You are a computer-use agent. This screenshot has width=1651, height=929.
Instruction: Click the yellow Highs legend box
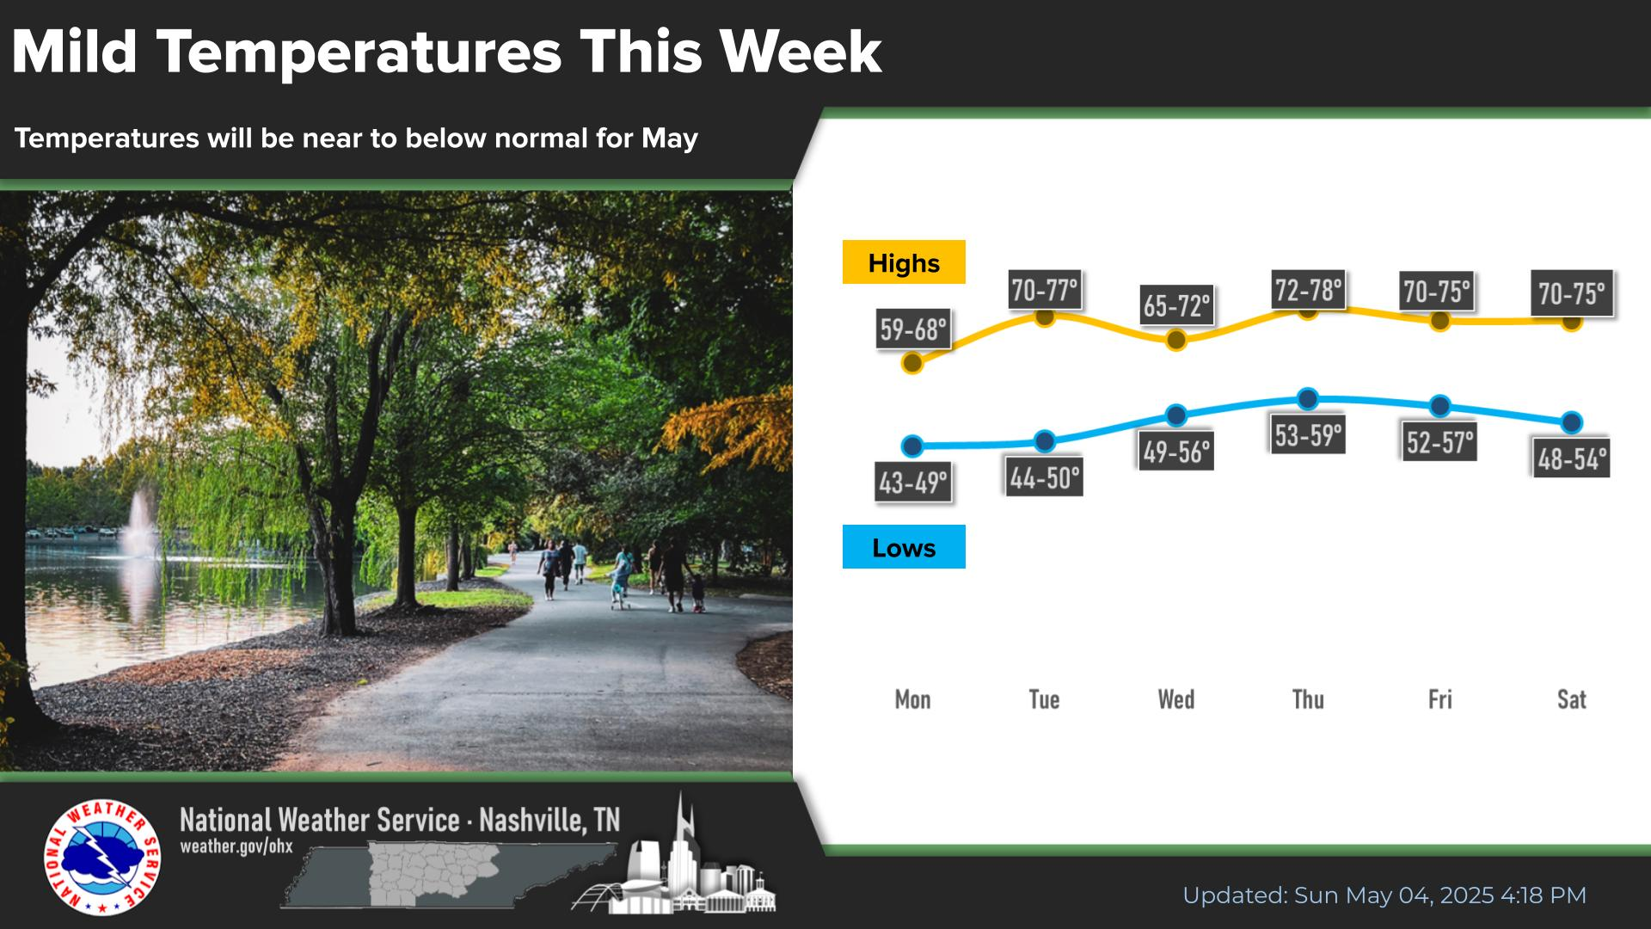(x=904, y=262)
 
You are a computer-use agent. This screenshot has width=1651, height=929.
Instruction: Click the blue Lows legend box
(x=904, y=547)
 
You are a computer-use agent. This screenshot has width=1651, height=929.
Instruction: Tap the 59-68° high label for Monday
(x=913, y=329)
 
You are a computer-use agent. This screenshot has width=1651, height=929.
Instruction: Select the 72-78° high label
(x=1308, y=290)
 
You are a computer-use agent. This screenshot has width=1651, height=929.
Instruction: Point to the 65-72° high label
(x=1176, y=305)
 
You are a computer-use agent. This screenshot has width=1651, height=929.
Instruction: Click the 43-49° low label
(x=913, y=483)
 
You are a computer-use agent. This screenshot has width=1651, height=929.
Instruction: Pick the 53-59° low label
(x=1308, y=435)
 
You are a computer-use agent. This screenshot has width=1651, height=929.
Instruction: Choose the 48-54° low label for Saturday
(x=1572, y=458)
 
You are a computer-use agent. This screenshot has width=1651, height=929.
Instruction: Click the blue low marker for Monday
(x=912, y=446)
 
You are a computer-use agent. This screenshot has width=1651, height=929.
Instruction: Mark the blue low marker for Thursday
(x=1308, y=398)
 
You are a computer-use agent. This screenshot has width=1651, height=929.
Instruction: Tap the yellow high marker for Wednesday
(x=1176, y=340)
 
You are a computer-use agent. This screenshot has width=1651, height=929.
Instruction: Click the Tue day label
(x=1044, y=699)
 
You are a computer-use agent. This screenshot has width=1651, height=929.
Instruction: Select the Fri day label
(x=1440, y=699)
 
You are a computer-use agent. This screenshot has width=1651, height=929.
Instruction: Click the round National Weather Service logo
(x=102, y=858)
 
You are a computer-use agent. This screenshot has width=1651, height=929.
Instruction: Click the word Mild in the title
(x=75, y=52)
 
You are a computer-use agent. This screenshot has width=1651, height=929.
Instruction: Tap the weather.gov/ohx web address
(x=236, y=846)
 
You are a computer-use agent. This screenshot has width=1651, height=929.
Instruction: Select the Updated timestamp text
(x=1384, y=895)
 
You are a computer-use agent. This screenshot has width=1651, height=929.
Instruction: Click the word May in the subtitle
(x=670, y=139)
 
